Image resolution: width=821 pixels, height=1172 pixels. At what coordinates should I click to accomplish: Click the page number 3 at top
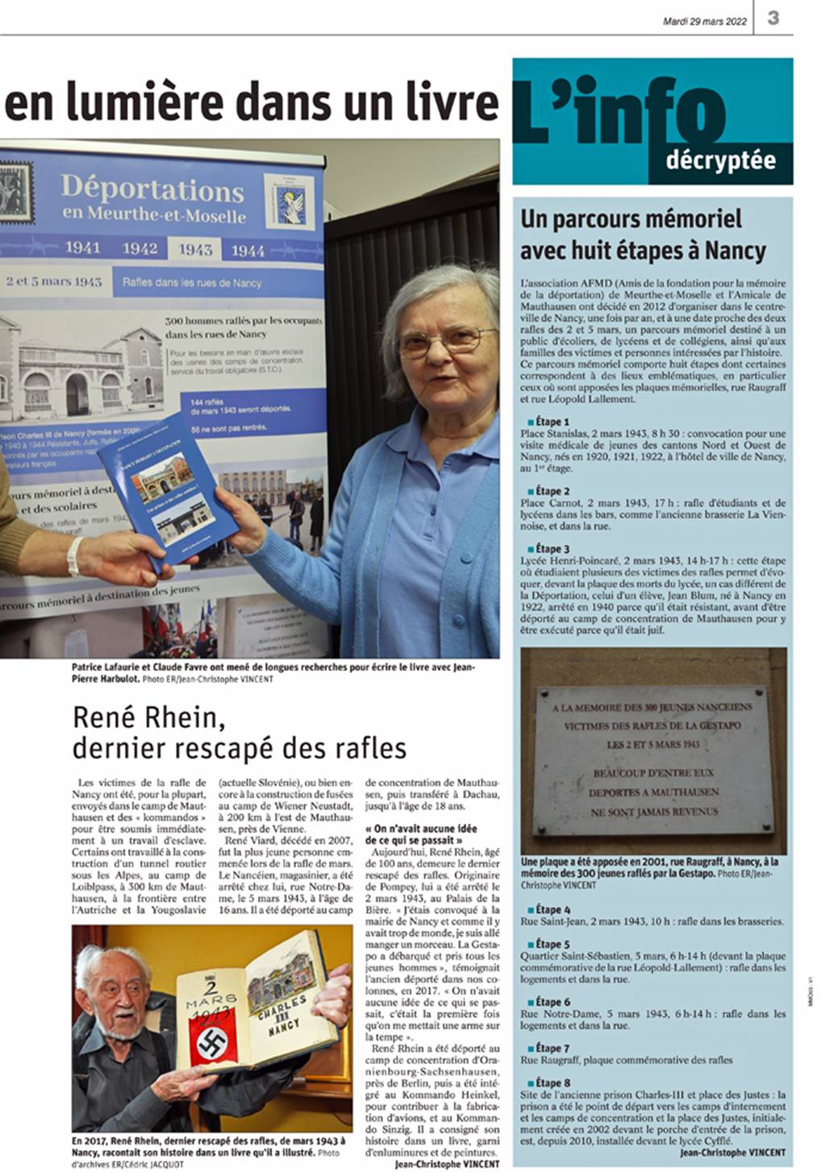(773, 18)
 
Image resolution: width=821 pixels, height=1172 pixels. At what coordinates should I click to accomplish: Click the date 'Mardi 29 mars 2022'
(704, 22)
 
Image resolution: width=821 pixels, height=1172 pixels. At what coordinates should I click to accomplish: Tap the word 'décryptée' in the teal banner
(720, 160)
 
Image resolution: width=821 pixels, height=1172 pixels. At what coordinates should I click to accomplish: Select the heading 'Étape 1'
(552, 422)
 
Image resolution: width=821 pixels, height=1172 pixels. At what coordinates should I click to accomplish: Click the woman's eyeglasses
(446, 342)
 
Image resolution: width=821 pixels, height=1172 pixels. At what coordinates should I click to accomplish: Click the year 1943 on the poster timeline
(195, 249)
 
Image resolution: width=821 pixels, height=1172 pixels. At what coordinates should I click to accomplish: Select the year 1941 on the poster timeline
(82, 247)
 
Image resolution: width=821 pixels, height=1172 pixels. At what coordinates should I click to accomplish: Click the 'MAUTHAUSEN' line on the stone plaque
(650, 792)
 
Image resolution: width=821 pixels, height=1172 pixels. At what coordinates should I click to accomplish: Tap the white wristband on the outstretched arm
(75, 555)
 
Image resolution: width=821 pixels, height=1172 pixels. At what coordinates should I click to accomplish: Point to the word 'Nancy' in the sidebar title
(735, 251)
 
